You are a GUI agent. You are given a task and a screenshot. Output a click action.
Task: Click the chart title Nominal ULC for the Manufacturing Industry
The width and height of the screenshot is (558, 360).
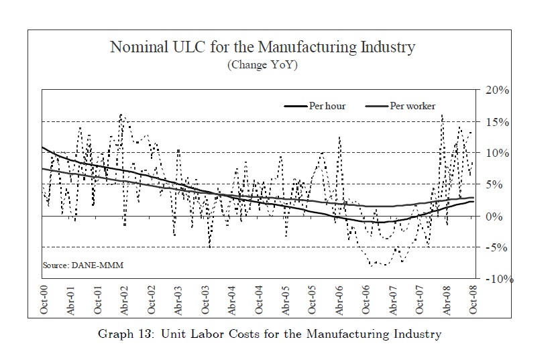[262, 48]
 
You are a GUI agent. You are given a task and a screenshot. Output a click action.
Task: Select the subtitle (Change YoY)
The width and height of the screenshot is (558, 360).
[262, 65]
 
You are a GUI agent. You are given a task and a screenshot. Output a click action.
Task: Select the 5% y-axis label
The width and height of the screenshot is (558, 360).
[494, 185]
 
